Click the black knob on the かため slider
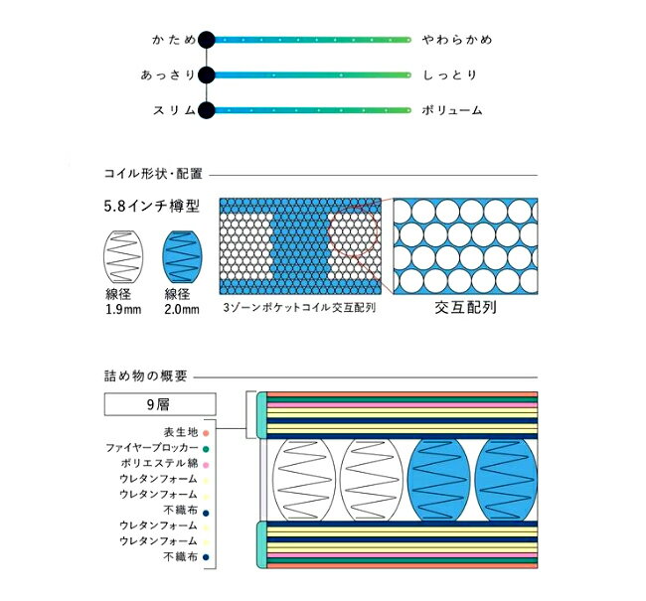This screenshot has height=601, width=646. [207, 40]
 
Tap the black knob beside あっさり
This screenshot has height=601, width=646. [207, 75]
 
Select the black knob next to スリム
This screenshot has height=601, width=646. [207, 110]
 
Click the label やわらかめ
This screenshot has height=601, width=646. [457, 40]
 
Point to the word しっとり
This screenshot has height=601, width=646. [450, 75]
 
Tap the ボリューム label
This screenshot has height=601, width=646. [452, 110]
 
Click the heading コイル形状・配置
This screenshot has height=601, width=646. [153, 174]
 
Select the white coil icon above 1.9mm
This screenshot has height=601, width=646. [123, 256]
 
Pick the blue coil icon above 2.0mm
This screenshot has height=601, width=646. [182, 256]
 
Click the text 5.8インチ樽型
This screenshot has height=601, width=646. [152, 206]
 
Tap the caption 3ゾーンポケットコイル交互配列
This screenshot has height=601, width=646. [299, 307]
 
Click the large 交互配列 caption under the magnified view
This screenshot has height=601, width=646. [465, 307]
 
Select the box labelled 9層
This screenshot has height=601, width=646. [160, 404]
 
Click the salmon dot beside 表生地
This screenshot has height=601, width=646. [206, 433]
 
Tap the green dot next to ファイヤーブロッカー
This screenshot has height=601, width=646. [206, 449]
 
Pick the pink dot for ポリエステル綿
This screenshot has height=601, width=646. [206, 465]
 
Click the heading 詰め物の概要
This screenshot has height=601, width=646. [146, 376]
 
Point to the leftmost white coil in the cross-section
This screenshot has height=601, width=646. [304, 480]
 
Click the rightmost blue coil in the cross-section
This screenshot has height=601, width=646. [506, 480]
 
